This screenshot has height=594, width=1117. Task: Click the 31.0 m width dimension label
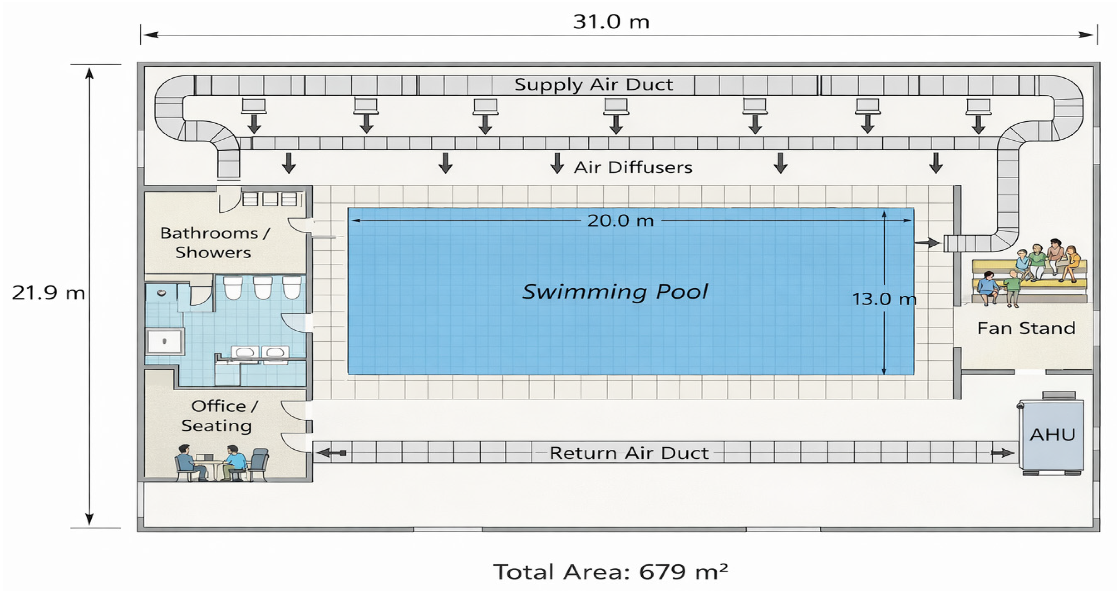tap(611, 22)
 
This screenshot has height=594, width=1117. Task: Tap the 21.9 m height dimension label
tap(48, 293)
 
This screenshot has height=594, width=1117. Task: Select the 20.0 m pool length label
tap(620, 221)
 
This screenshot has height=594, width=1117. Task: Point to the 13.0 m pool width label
tap(884, 299)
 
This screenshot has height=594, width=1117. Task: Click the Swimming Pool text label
tap(615, 291)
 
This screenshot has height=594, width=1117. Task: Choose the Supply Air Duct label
tap(594, 85)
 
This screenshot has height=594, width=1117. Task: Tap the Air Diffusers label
tap(633, 167)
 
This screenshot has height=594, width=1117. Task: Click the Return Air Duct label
tap(629, 453)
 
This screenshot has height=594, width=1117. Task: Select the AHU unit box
tap(1051, 435)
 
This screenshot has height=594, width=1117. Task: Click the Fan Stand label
tap(1026, 328)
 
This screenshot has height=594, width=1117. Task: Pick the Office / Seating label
tap(219, 416)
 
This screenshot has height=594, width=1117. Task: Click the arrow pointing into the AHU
tap(1002, 453)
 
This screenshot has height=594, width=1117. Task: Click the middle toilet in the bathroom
tap(262, 288)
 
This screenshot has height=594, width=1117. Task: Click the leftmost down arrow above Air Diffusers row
tap(289, 163)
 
